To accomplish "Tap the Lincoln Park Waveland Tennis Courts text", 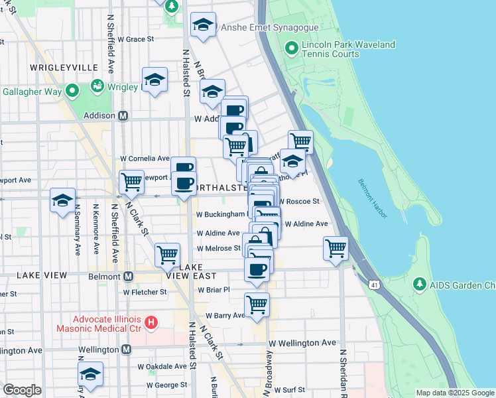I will pyautogui.click(x=348, y=50).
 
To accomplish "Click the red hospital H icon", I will pyautogui.click(x=151, y=323).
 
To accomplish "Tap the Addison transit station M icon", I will pyautogui.click(x=123, y=115).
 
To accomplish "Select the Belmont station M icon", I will pyautogui.click(x=128, y=276).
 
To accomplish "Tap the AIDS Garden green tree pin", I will pyautogui.click(x=419, y=285).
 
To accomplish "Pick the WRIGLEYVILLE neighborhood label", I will pyautogui.click(x=64, y=68).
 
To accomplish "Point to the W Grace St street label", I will pyautogui.click(x=136, y=39).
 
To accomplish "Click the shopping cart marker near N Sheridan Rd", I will pyautogui.click(x=336, y=248).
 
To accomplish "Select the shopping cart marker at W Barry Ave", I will pyautogui.click(x=257, y=304).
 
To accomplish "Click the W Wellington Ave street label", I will pyautogui.click(x=302, y=342).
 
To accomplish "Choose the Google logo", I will pyautogui.click(x=22, y=390).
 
